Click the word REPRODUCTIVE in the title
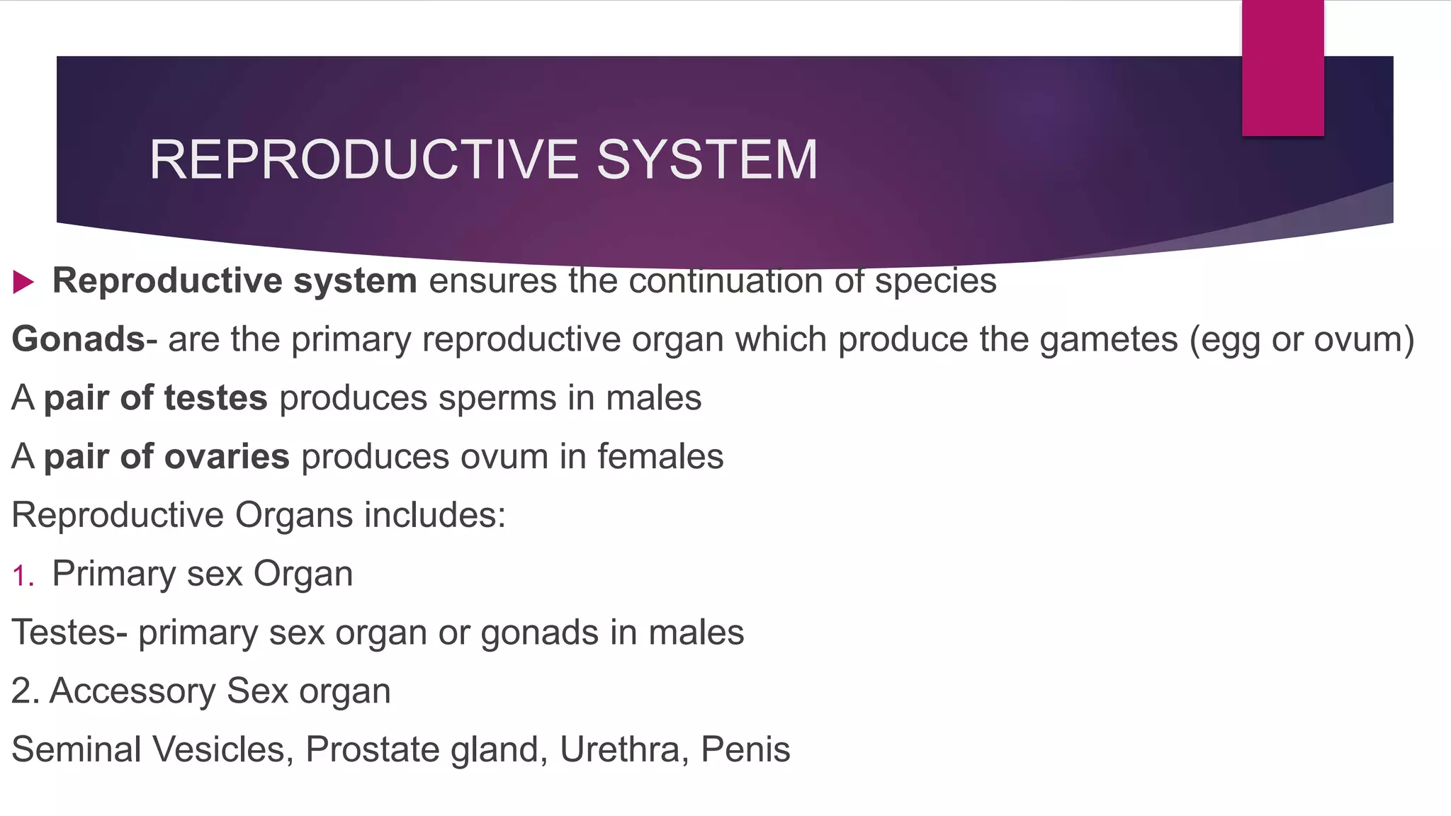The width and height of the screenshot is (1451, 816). (364, 160)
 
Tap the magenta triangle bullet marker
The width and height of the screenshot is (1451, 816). (23, 282)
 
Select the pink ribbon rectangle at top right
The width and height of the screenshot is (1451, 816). (1282, 68)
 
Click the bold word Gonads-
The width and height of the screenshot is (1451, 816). (84, 339)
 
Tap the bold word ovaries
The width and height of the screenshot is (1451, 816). (227, 457)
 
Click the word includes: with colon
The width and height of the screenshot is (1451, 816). (435, 515)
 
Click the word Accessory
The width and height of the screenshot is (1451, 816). (132, 691)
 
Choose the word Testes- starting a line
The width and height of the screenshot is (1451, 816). (69, 633)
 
